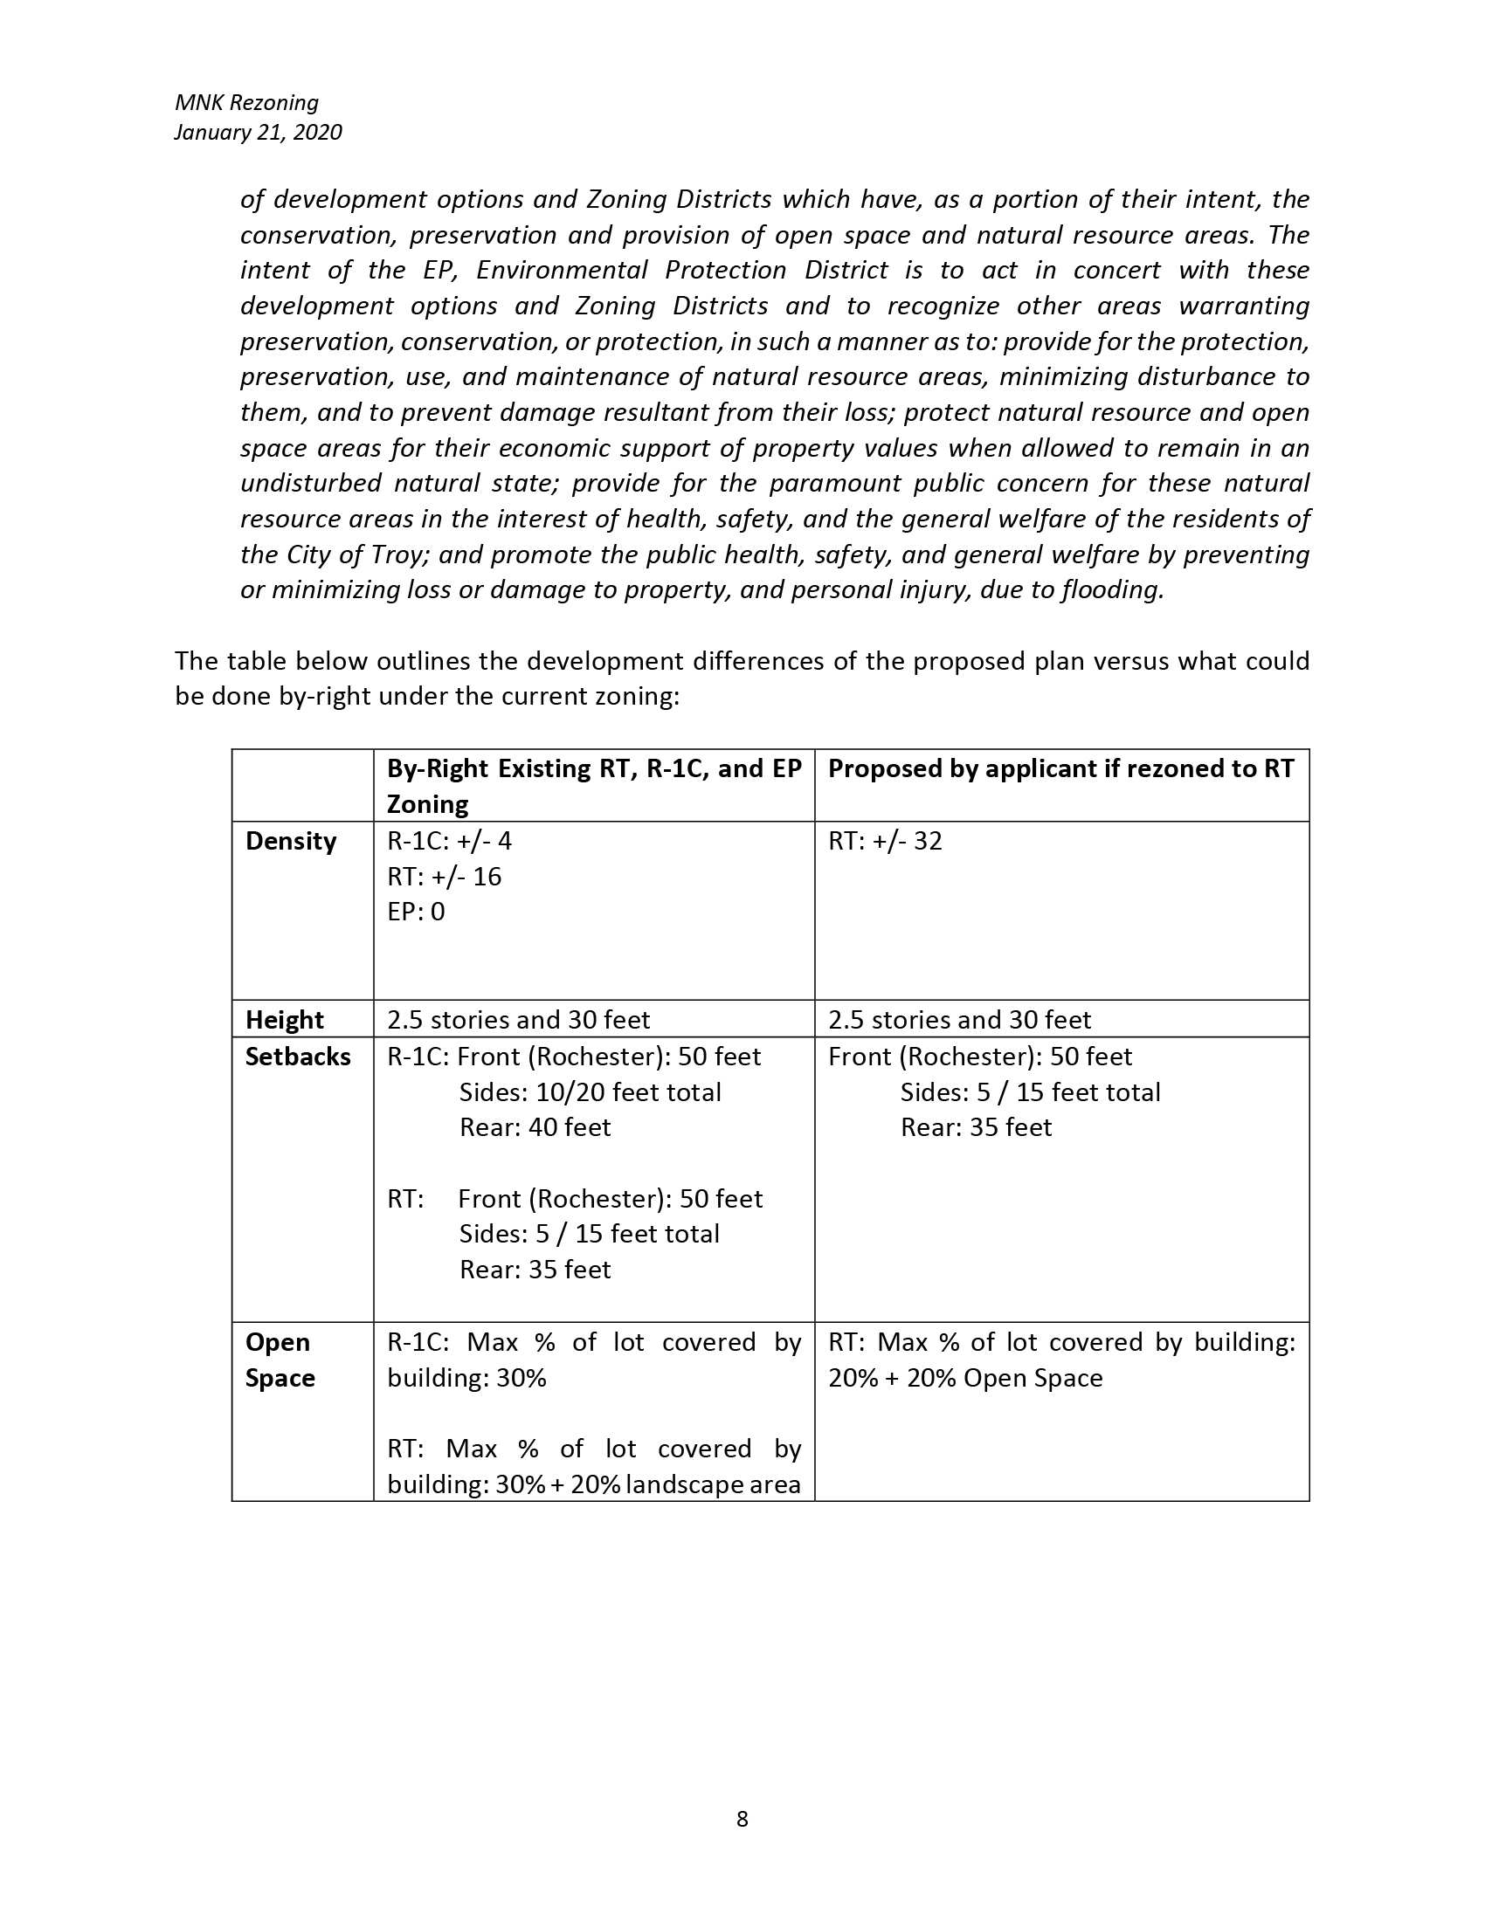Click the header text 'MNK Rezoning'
(246, 103)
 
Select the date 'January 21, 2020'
(258, 132)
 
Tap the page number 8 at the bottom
(742, 1818)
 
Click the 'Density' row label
(290, 841)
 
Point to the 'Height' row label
(284, 1019)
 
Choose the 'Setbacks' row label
(297, 1057)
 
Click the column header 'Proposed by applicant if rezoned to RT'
(1061, 768)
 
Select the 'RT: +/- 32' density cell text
(885, 841)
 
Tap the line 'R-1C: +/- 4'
(449, 841)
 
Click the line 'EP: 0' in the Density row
(416, 912)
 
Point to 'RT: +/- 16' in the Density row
(445, 877)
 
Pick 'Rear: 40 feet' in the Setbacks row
(535, 1127)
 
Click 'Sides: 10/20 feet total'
(590, 1092)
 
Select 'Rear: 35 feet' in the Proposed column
(976, 1127)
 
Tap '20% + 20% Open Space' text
(965, 1377)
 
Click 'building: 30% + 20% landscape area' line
(594, 1484)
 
